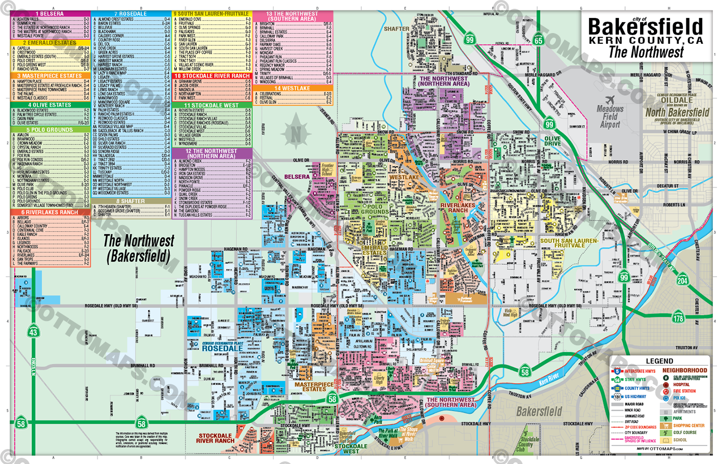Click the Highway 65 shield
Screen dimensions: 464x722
pos(538,40)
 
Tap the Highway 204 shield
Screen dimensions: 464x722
pos(682,280)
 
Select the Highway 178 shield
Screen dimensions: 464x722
pos(678,318)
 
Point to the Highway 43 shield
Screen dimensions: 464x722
pos(34,332)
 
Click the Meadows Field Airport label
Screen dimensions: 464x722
pos(610,117)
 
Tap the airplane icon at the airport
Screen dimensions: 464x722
pos(611,100)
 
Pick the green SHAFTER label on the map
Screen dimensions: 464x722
pos(396,29)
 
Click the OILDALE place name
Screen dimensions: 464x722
pos(677,100)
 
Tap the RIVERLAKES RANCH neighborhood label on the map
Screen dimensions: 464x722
pos(457,207)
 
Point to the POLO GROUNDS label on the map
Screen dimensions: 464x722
pos(375,209)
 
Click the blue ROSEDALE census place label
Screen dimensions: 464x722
pos(222,348)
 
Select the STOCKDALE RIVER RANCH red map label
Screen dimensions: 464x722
pos(215,438)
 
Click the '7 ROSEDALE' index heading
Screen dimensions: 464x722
pos(131,13)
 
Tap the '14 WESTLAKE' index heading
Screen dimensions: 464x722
pos(292,88)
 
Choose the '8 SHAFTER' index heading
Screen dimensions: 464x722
pos(131,201)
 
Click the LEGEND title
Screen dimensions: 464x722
pos(659,361)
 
